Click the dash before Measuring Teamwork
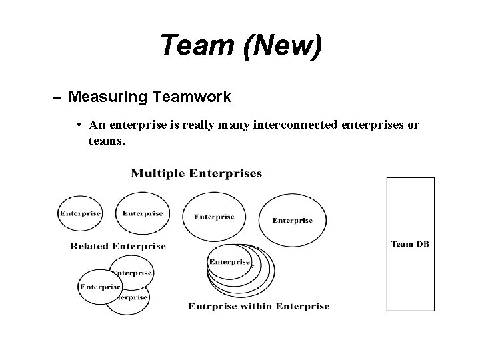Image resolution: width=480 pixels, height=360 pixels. coord(58,97)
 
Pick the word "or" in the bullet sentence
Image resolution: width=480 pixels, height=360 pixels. coord(413,125)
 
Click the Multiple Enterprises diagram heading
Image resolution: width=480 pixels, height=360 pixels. coord(197,174)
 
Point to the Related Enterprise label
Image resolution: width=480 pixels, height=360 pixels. coord(118,246)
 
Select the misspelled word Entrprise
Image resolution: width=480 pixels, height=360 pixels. coord(213,307)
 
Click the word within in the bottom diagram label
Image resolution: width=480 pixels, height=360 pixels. coord(256,307)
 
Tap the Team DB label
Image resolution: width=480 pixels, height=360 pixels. coord(410,244)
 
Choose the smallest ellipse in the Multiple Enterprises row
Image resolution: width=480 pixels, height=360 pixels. coord(80,214)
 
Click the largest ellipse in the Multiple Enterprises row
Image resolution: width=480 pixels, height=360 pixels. coord(293,220)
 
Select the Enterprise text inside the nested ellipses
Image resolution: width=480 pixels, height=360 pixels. coord(229,262)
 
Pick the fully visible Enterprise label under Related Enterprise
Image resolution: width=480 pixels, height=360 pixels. coord(100,287)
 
